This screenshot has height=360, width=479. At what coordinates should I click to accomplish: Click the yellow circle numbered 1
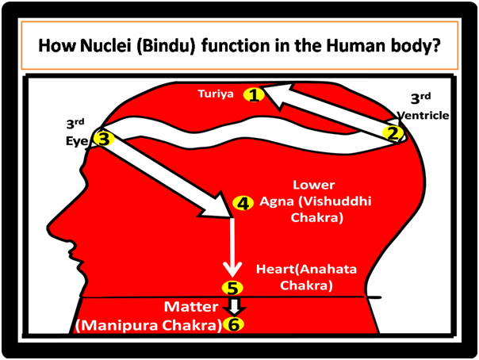click(254, 95)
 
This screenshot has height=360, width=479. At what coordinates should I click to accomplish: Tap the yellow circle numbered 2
click(392, 133)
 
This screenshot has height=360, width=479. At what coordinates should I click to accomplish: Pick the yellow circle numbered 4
click(243, 202)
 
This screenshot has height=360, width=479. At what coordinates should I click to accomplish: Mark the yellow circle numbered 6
click(232, 324)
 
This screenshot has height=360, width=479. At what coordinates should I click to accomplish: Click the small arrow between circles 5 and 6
click(232, 306)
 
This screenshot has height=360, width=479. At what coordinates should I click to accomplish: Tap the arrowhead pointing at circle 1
click(274, 96)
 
